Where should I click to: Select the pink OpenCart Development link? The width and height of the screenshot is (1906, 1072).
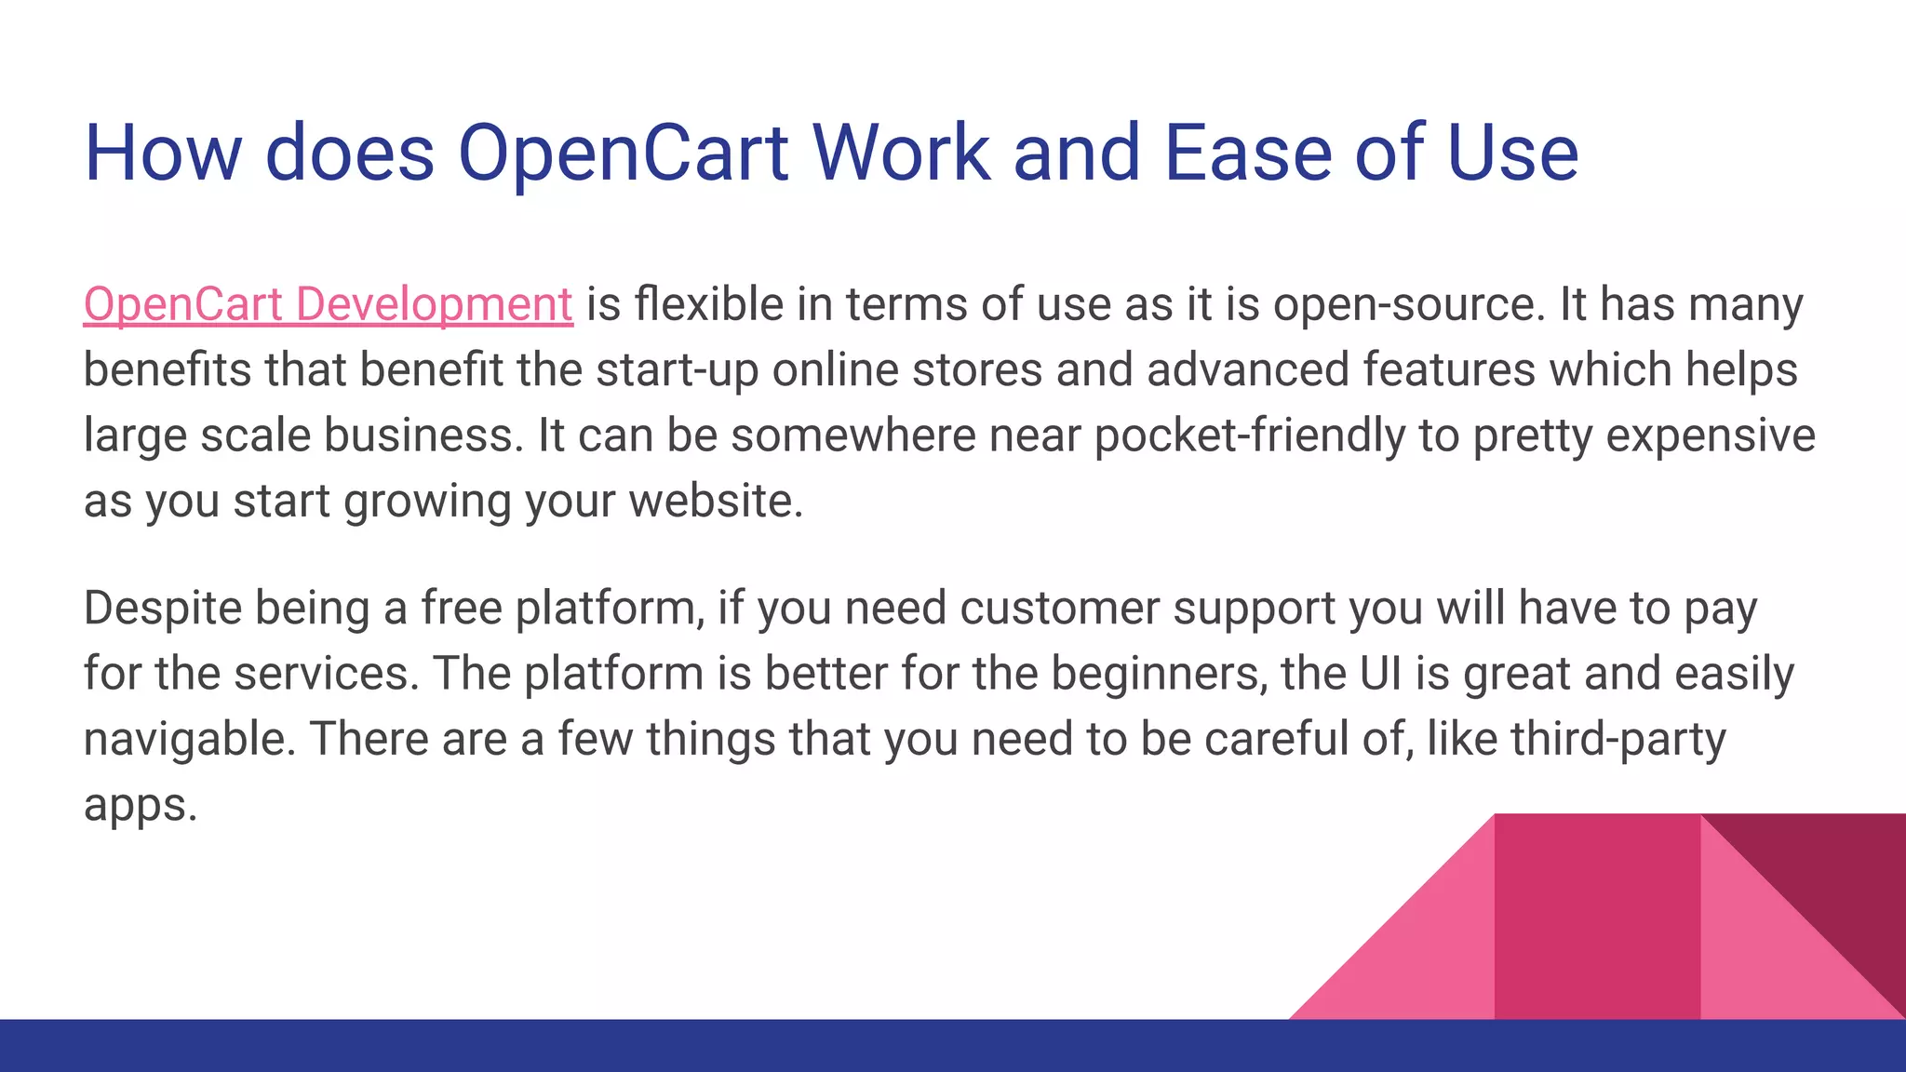[328, 305]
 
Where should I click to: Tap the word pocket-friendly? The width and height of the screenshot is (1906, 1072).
[1250, 435]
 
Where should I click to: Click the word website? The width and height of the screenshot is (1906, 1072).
[715, 502]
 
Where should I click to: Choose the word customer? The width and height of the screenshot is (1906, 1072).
[1058, 609]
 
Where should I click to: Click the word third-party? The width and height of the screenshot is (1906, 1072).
[1618, 740]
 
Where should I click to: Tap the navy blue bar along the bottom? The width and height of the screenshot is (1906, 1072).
[651, 1046]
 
